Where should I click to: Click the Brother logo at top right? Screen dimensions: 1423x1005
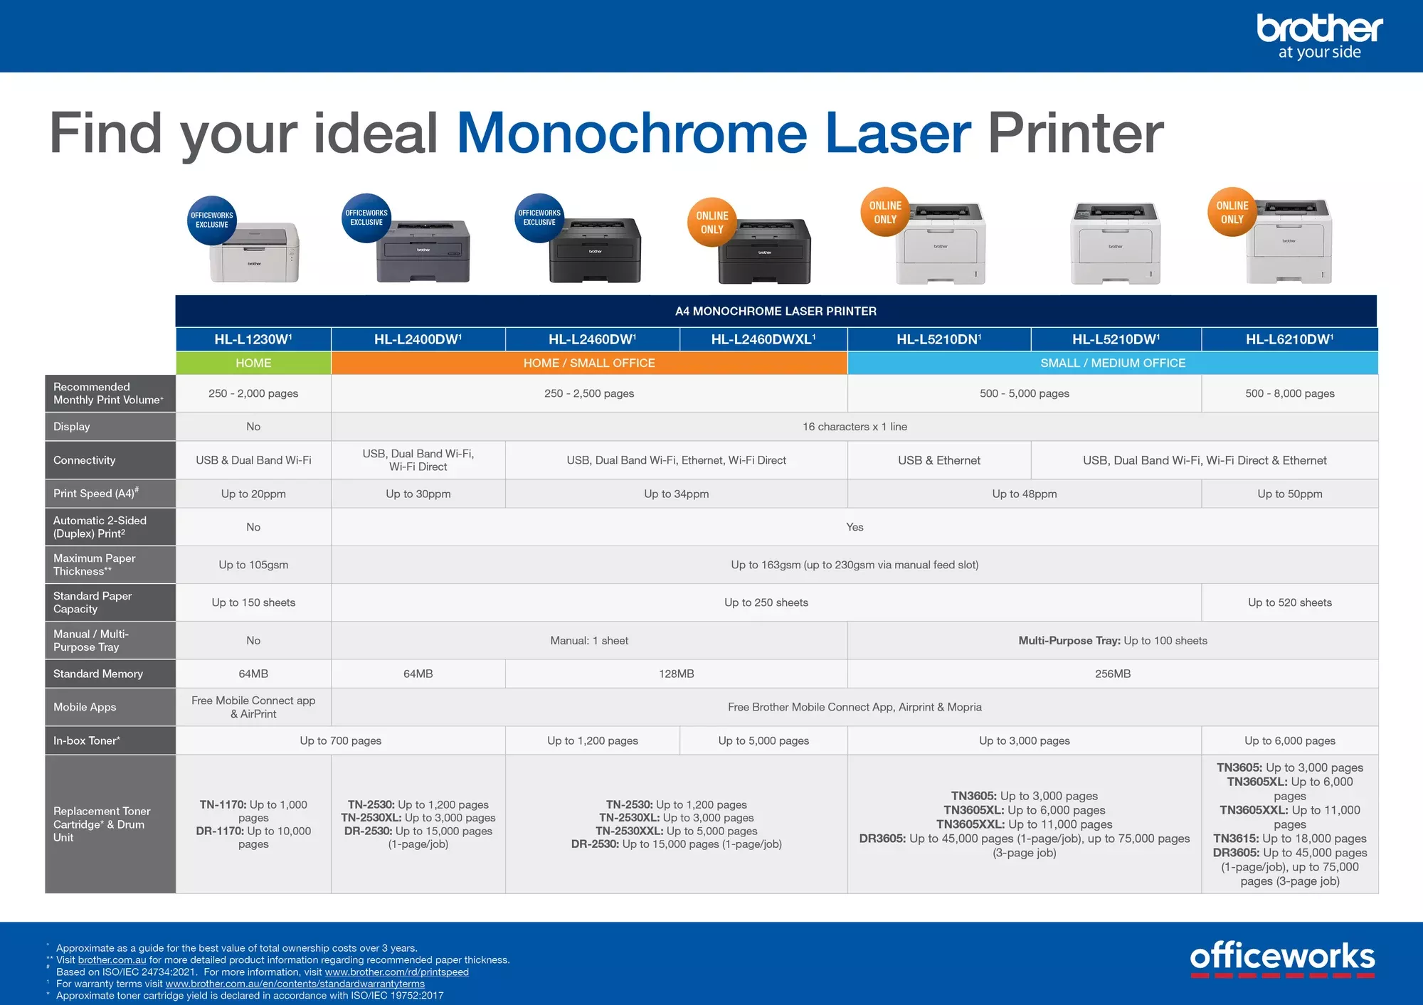(1319, 36)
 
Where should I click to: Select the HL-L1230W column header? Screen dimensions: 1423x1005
(253, 339)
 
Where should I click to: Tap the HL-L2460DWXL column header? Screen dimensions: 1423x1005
(763, 339)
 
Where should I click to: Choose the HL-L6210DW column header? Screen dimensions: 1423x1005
(1289, 339)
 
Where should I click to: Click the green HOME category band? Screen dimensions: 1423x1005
(253, 363)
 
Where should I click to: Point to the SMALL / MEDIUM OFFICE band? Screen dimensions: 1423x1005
(1113, 363)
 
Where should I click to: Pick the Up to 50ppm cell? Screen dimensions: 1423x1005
(1289, 494)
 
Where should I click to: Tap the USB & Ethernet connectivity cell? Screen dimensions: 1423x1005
(939, 460)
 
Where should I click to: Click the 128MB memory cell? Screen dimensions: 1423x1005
(676, 674)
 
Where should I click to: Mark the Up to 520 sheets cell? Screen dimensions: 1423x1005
(1289, 602)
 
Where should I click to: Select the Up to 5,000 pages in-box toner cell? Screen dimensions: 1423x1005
(763, 740)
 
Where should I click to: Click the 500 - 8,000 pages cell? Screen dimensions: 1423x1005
(1289, 393)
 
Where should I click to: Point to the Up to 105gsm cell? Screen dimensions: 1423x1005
(253, 565)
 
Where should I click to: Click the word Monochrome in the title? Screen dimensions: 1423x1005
(632, 133)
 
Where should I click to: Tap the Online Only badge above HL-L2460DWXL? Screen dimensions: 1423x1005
(712, 223)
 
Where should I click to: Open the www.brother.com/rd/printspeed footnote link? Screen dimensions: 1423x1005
(396, 972)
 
